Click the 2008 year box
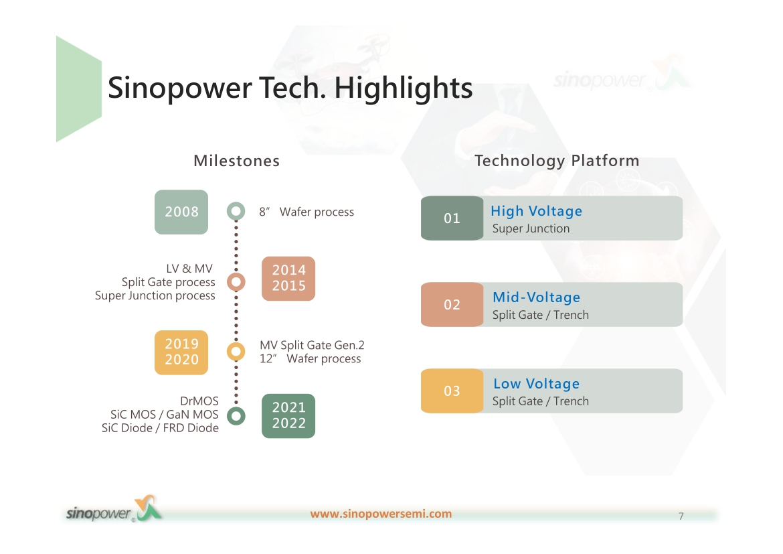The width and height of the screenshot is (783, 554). pyautogui.click(x=181, y=212)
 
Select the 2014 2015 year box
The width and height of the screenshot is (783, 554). pyautogui.click(x=288, y=279)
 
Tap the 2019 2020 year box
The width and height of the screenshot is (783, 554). pyautogui.click(x=181, y=352)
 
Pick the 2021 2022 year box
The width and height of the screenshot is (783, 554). pyautogui.click(x=288, y=416)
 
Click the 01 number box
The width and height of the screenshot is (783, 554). pyautogui.click(x=452, y=218)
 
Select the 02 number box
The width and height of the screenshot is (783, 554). pyautogui.click(x=452, y=305)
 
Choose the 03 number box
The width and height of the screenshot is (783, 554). pyautogui.click(x=452, y=391)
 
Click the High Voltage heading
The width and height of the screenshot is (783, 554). pyautogui.click(x=536, y=211)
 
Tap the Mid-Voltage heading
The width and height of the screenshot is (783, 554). pyautogui.click(x=536, y=297)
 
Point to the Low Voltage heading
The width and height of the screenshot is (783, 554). pyautogui.click(x=536, y=383)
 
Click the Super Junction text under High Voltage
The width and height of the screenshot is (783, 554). pyautogui.click(x=531, y=228)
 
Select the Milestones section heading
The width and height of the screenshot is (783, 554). pyautogui.click(x=236, y=161)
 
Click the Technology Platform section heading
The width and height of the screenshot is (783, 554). pyautogui.click(x=557, y=161)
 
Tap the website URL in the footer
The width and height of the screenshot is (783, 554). pyautogui.click(x=381, y=514)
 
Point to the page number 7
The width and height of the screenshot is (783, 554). pyautogui.click(x=681, y=516)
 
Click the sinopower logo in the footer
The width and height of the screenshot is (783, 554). pyautogui.click(x=114, y=510)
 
